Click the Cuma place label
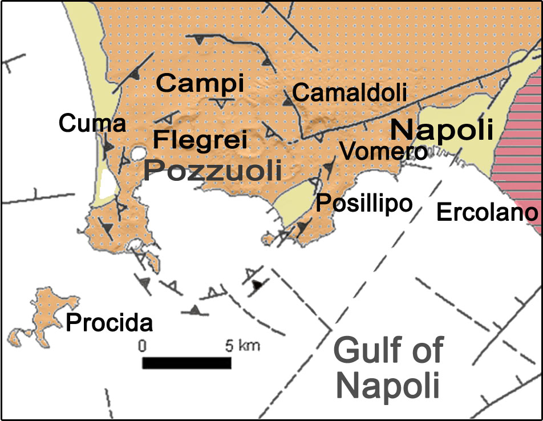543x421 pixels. pyautogui.click(x=92, y=123)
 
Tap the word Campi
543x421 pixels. pyautogui.click(x=200, y=83)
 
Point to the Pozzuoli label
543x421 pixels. pyautogui.click(x=213, y=170)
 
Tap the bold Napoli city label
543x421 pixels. pyautogui.click(x=441, y=130)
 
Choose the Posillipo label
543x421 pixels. pyautogui.click(x=364, y=203)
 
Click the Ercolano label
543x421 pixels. pyautogui.click(x=487, y=213)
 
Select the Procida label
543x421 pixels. pyautogui.click(x=110, y=323)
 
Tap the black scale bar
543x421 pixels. pyautogui.click(x=186, y=363)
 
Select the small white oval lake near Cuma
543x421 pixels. pyautogui.click(x=137, y=153)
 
